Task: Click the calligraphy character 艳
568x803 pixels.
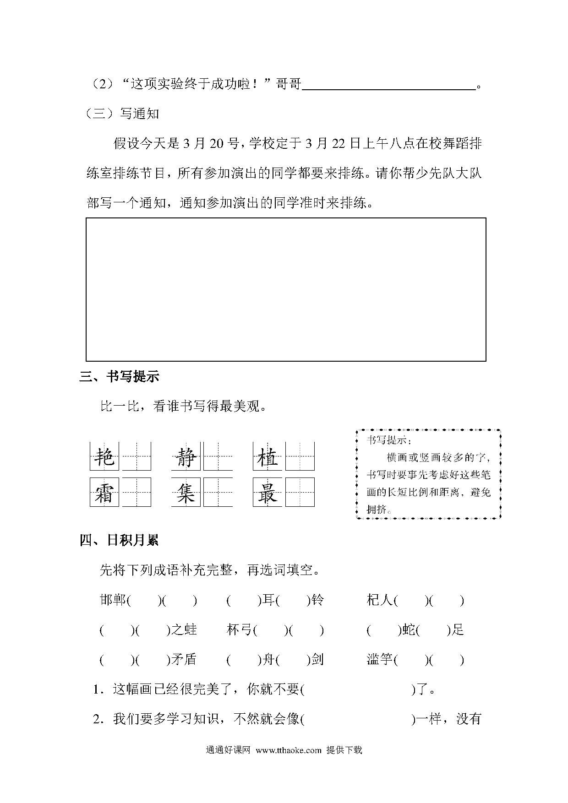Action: pyautogui.click(x=104, y=456)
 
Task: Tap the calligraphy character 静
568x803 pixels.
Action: pyautogui.click(x=186, y=456)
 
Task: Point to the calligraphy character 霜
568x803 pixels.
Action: pyautogui.click(x=104, y=492)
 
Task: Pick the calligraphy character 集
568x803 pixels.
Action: pyautogui.click(x=186, y=492)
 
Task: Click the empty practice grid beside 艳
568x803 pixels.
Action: pyautogui.click(x=137, y=456)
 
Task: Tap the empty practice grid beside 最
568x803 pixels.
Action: pyautogui.click(x=300, y=492)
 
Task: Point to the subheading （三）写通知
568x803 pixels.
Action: pyautogui.click(x=122, y=113)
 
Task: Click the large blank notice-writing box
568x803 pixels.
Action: pyautogui.click(x=286, y=289)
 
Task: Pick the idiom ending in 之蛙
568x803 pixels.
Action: pyautogui.click(x=148, y=630)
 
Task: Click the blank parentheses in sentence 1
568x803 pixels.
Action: pyautogui.click(x=358, y=689)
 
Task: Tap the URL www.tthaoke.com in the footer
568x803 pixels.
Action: pyautogui.click(x=289, y=750)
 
